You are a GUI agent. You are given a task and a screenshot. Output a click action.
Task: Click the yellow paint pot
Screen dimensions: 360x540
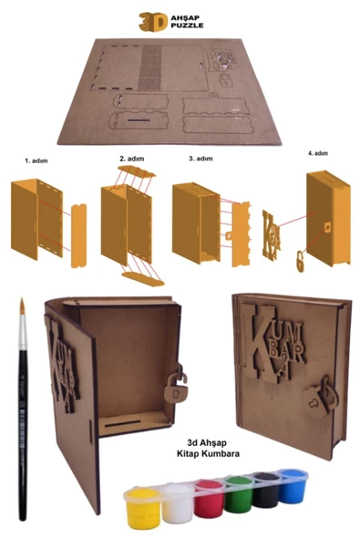tap(143, 508)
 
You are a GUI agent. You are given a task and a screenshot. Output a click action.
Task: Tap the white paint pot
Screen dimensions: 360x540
tap(178, 503)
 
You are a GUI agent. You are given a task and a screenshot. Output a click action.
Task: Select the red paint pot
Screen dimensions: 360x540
tap(210, 498)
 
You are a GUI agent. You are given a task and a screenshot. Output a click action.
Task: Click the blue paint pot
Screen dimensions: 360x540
tap(293, 485)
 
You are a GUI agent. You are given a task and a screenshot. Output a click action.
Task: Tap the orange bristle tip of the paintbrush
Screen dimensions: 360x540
tap(23, 306)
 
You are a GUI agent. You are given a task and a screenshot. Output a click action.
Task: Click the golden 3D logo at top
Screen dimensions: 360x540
tap(153, 22)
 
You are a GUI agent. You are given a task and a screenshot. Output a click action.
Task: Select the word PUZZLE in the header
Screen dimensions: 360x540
tap(187, 26)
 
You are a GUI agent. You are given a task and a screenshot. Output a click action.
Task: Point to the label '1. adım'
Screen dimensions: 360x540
tap(36, 161)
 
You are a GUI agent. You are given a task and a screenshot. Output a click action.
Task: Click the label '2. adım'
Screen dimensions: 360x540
tap(132, 159)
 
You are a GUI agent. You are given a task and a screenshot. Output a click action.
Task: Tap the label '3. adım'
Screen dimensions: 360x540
tap(201, 159)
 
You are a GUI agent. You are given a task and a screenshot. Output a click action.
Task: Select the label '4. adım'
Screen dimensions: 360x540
tap(318, 153)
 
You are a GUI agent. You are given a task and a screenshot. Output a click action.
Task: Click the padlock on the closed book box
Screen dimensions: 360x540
tap(319, 397)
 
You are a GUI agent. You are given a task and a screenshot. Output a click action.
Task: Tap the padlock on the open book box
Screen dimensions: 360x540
tap(176, 382)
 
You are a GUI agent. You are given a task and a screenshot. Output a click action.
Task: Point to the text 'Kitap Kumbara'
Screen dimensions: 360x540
tap(208, 453)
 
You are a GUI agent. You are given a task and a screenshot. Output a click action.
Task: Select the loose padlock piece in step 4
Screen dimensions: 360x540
tap(300, 261)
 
